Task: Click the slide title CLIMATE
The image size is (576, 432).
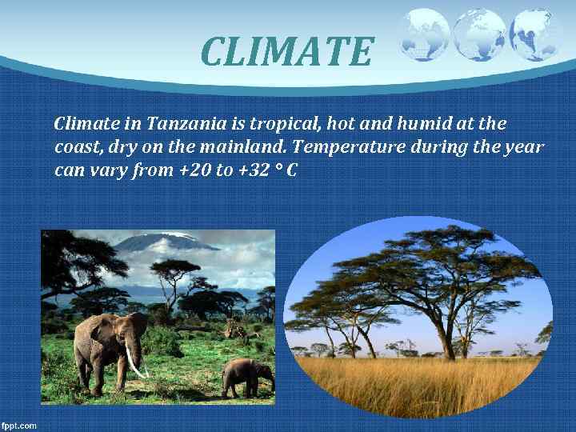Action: click(286, 51)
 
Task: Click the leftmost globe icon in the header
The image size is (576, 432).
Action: click(424, 34)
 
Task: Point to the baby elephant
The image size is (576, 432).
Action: click(246, 376)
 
